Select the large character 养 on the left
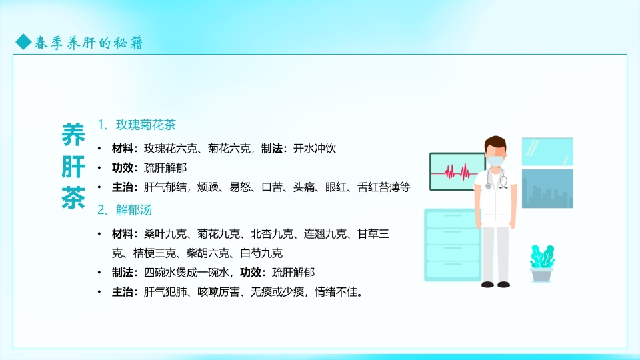(73, 135)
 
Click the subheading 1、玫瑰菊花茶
(137, 125)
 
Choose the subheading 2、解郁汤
(125, 211)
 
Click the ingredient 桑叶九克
(165, 234)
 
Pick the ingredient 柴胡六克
(205, 253)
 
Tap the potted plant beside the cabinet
(541, 263)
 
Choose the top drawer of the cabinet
(451, 220)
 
